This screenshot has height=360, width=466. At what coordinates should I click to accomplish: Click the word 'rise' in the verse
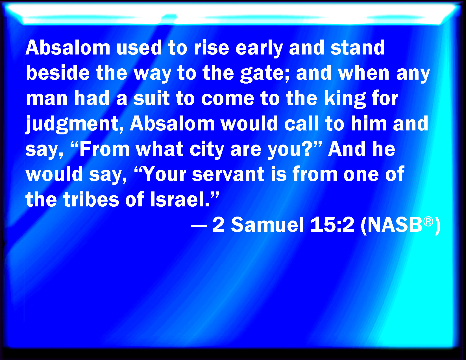(211, 48)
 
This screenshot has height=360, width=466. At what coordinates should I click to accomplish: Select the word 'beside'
(58, 73)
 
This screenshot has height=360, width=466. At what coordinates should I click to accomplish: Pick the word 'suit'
(152, 99)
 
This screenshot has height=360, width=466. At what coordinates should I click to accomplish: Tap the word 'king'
(345, 99)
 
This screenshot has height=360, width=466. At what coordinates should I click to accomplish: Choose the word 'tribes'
(91, 199)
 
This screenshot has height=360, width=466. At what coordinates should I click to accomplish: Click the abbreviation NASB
(395, 225)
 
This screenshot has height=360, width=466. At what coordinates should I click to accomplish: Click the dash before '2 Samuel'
(199, 226)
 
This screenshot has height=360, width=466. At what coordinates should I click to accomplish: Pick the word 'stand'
(358, 48)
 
